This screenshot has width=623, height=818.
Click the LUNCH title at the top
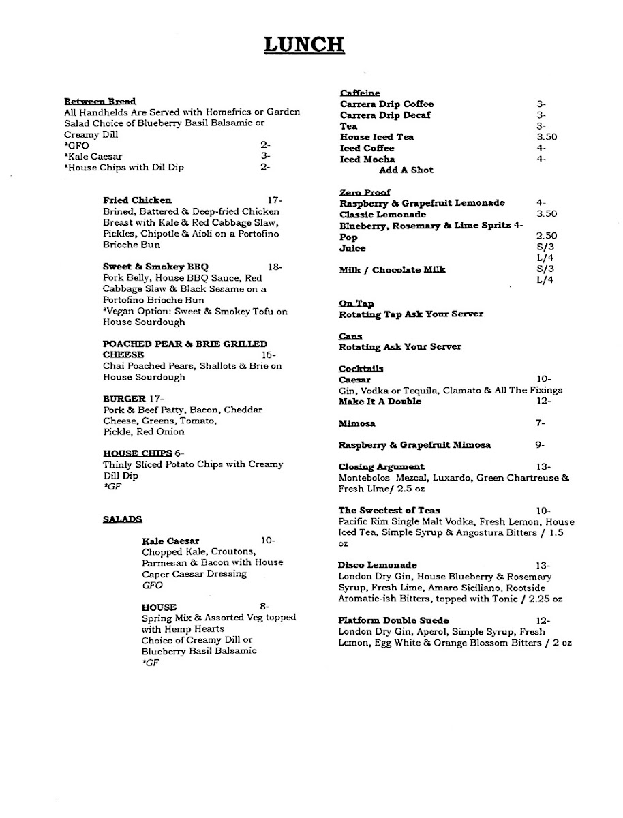(x=304, y=45)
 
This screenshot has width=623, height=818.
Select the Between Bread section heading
(x=100, y=102)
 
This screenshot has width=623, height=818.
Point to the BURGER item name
(x=124, y=399)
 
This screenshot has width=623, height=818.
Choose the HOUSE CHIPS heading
(x=137, y=453)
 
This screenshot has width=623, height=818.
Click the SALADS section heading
(x=123, y=519)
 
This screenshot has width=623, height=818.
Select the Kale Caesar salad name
(x=170, y=541)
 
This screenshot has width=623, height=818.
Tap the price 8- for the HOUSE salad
(x=264, y=607)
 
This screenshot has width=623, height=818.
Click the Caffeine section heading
(x=360, y=93)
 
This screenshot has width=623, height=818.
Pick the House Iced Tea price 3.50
(x=547, y=137)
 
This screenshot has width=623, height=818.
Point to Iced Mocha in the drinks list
(x=367, y=159)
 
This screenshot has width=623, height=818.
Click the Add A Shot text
(x=406, y=170)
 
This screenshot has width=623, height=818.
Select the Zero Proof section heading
(x=365, y=192)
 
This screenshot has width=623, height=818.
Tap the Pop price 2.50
(x=547, y=237)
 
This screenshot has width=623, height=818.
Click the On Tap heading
(x=356, y=303)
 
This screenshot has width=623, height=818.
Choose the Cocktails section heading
(x=361, y=369)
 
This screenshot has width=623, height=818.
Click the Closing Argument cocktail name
(x=381, y=467)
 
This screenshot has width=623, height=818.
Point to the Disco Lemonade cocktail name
(x=378, y=565)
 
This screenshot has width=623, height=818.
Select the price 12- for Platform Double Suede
(x=543, y=620)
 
